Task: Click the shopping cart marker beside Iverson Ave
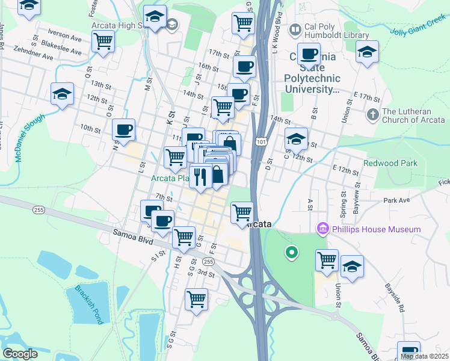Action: (x=103, y=42)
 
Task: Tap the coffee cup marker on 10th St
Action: (x=123, y=129)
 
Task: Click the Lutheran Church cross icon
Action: (x=373, y=113)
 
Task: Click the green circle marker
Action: (x=292, y=253)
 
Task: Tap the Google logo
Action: (x=20, y=353)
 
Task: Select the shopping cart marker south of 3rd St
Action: (x=196, y=298)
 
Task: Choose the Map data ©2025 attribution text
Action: (x=424, y=356)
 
